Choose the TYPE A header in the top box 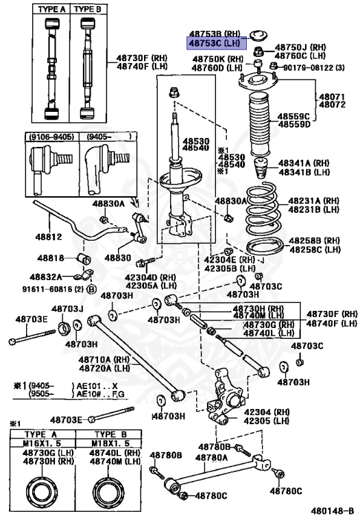coord(50,9)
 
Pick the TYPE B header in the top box coord(86,9)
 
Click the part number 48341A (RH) coord(304,163)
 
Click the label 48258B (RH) coord(314,241)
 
